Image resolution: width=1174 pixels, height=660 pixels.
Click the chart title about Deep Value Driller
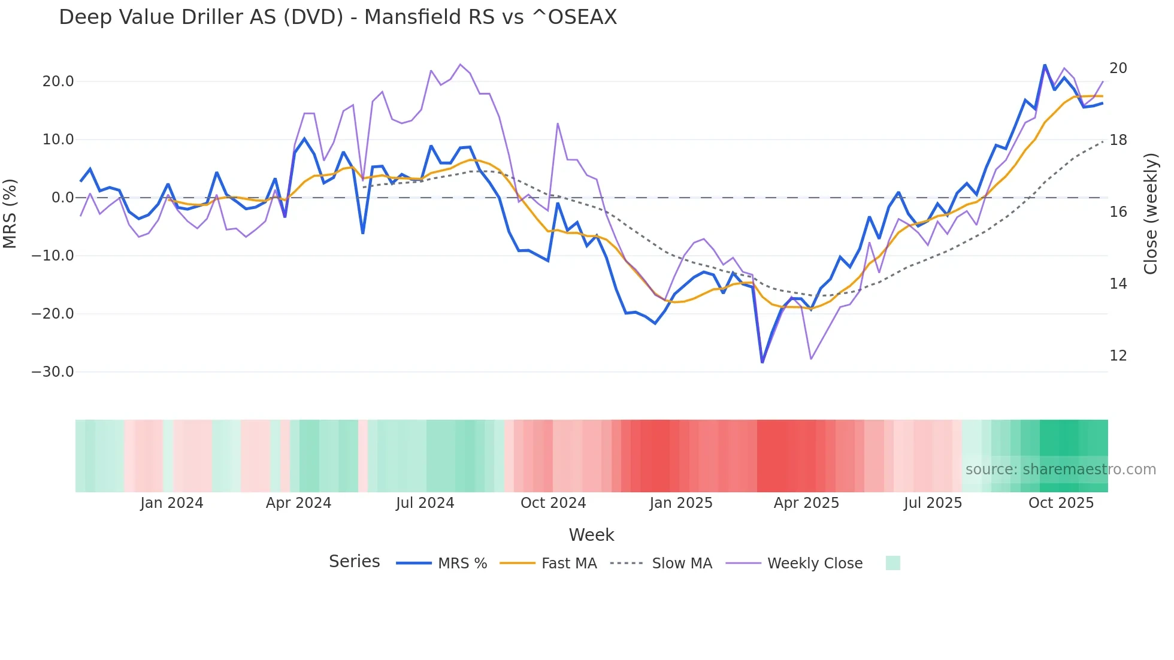pos(338,17)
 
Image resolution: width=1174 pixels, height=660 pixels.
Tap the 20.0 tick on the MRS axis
pos(58,81)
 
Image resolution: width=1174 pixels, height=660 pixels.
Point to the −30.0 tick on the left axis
pos(53,372)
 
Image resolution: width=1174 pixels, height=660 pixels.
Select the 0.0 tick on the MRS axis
pos(62,198)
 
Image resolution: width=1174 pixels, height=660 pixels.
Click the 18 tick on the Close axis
pos(1118,140)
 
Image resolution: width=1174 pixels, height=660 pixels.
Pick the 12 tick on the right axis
pos(1118,356)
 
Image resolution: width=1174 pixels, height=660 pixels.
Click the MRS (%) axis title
pos(10,213)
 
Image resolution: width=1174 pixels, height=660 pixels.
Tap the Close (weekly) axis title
pos(1150,214)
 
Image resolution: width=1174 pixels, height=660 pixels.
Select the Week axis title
pos(591,535)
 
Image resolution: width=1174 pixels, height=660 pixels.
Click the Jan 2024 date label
pos(172,503)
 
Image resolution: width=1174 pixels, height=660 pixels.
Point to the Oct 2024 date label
pos(553,503)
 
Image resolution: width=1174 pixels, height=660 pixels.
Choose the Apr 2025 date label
pos(806,503)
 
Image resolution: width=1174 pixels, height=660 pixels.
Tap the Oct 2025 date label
pos(1061,503)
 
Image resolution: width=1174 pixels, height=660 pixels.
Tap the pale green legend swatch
pos(892,563)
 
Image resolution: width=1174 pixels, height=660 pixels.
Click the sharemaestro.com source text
pos(1060,470)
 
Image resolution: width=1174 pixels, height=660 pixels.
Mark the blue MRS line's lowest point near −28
pos(762,362)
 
